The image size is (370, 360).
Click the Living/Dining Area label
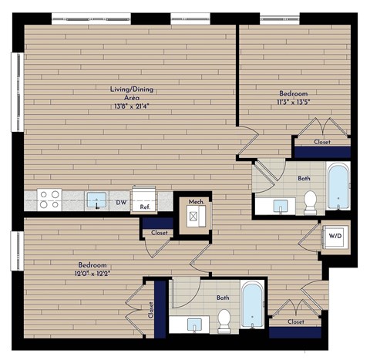129,93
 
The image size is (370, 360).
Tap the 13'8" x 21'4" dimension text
129,107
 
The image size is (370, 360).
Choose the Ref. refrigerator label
144,207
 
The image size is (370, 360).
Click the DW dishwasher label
121,204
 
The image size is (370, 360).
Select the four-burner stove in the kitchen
50,200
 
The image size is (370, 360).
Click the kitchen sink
96,200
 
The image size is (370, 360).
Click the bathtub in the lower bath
252,306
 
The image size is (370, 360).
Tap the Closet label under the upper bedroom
322,142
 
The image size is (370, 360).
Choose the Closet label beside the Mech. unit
159,232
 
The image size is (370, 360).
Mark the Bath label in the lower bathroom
222,297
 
